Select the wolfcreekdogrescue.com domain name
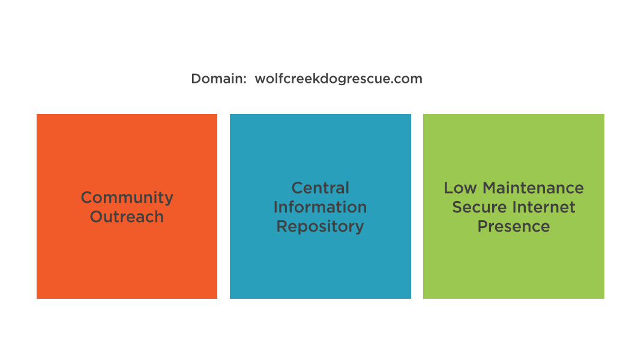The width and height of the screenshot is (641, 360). click(x=339, y=79)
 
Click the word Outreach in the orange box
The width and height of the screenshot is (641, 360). click(x=127, y=217)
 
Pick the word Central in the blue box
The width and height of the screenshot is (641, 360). click(x=320, y=188)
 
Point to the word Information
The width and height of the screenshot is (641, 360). click(x=320, y=207)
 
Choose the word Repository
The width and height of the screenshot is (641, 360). click(x=320, y=227)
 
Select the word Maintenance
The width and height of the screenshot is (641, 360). click(x=534, y=188)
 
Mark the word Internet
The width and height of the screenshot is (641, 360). click(x=544, y=207)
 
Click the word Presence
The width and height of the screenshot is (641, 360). click(x=514, y=226)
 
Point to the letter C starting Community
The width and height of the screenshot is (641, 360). click(x=86, y=197)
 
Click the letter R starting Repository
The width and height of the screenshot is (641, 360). click(x=281, y=226)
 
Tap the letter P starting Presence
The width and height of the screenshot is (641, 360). click(x=482, y=226)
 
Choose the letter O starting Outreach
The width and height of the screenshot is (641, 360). click(x=96, y=217)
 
